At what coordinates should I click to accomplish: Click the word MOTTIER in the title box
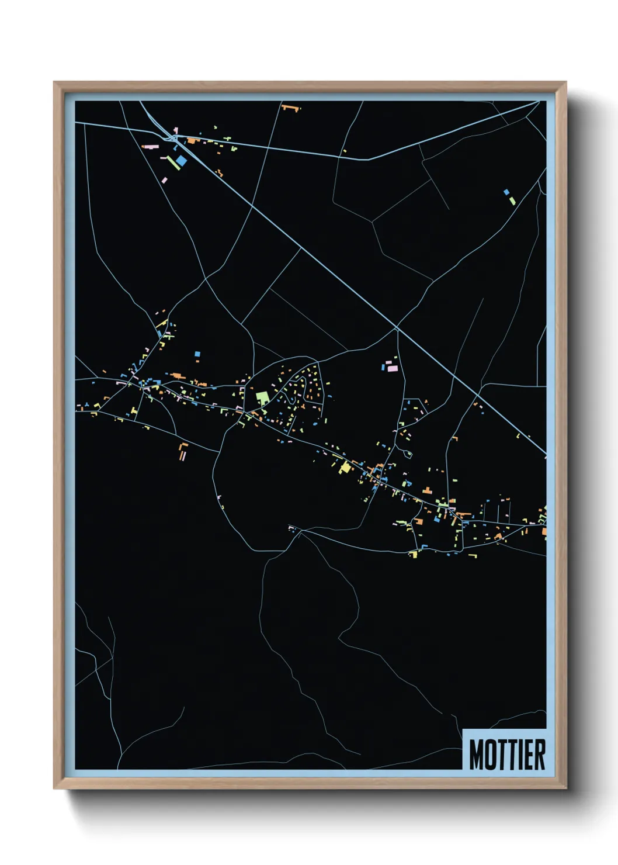[x=506, y=755]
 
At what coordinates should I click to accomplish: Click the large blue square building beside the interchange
[x=182, y=160]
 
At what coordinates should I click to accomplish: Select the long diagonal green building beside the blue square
[x=173, y=163]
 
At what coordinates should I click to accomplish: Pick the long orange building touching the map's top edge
[x=290, y=107]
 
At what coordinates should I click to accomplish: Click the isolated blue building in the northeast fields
[x=506, y=192]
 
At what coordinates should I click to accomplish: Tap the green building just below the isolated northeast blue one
[x=512, y=200]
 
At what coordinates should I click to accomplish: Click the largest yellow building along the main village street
[x=346, y=467]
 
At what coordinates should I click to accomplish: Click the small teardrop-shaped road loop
[x=408, y=453]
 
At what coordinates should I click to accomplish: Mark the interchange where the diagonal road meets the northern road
[x=173, y=138]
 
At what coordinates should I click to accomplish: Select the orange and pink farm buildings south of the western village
[x=183, y=451]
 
